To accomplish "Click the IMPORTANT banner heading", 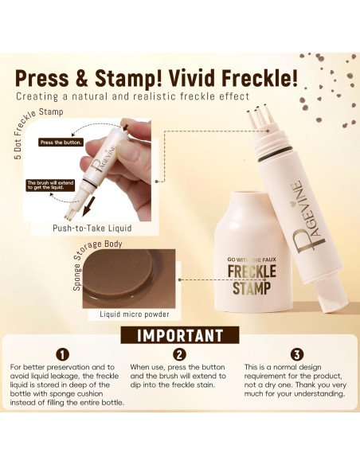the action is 180,335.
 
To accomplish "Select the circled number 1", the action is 62,354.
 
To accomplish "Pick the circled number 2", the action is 179,354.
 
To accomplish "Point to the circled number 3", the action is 297,354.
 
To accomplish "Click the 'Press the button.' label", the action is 61,143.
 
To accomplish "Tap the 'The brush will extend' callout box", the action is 50,185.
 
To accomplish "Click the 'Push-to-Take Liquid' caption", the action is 92,228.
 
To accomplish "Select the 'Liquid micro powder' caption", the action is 135,314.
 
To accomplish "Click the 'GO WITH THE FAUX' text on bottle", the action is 252,260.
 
